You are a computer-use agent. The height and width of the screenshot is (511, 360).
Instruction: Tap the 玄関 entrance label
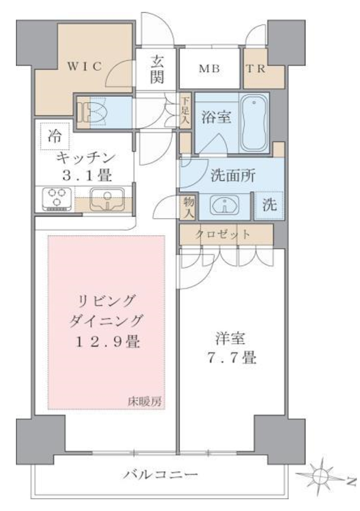[x=157, y=69]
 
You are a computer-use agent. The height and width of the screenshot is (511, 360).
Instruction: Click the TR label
[x=257, y=68]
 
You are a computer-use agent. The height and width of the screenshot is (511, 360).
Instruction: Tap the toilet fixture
[x=91, y=111]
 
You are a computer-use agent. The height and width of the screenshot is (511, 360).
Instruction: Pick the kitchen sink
[x=108, y=199]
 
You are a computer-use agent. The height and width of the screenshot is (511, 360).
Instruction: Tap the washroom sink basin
[x=226, y=206]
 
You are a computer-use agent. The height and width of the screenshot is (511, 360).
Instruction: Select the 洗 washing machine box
[x=270, y=206]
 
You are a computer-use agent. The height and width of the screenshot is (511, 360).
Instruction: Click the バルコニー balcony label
[x=161, y=475]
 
